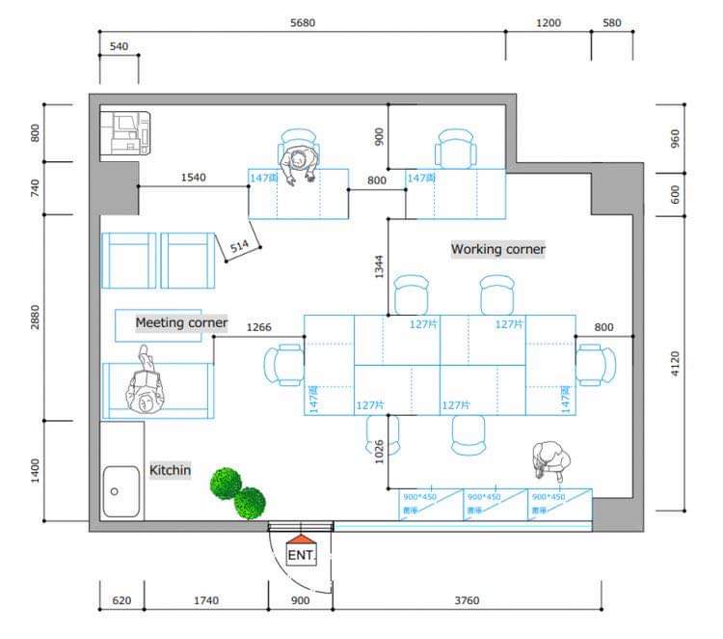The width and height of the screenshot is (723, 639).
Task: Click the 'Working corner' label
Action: click(x=497, y=249)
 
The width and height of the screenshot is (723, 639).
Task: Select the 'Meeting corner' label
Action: click(x=181, y=322)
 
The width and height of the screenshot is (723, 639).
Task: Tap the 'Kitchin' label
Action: click(x=170, y=470)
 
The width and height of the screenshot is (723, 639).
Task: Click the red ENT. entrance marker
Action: click(x=302, y=552)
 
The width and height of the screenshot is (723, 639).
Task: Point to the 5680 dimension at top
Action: click(x=302, y=23)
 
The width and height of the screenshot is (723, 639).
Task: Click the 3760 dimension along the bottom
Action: click(x=467, y=600)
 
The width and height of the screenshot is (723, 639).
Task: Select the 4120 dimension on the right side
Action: click(x=675, y=363)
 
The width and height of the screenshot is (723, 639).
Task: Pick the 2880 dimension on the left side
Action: click(x=36, y=317)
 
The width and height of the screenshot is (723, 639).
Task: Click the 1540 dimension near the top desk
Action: click(x=195, y=178)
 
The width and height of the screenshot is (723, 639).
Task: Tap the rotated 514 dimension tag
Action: click(x=239, y=247)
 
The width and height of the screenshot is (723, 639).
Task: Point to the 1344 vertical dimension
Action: click(x=380, y=267)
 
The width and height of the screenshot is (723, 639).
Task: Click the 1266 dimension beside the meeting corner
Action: click(x=258, y=327)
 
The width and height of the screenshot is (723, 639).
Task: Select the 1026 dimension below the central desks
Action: click(x=380, y=451)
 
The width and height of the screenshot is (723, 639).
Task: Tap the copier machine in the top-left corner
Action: click(x=127, y=132)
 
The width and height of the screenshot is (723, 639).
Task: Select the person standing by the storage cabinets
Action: click(x=549, y=459)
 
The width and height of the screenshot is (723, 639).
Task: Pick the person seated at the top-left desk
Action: click(x=301, y=160)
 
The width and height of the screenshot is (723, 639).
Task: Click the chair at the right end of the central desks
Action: click(x=596, y=366)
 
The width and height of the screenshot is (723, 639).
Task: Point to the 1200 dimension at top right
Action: click(x=549, y=23)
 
